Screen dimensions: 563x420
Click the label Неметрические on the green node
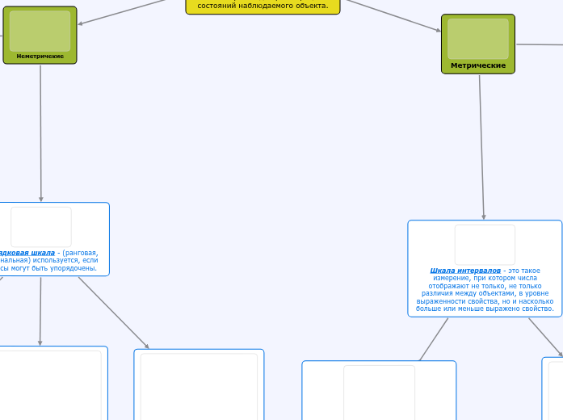[x=40, y=57]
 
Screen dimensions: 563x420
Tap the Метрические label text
[x=478, y=65]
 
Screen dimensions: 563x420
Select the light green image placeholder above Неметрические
[x=40, y=31]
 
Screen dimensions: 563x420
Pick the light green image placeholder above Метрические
[x=478, y=38]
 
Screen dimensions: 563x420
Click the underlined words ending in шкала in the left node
[x=28, y=252]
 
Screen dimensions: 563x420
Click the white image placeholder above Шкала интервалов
[x=485, y=244]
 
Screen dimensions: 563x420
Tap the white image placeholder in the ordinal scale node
[x=40, y=227]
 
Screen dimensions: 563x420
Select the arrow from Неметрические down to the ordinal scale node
[x=40, y=133]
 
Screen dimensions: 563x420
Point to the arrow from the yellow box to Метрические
[x=391, y=15]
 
